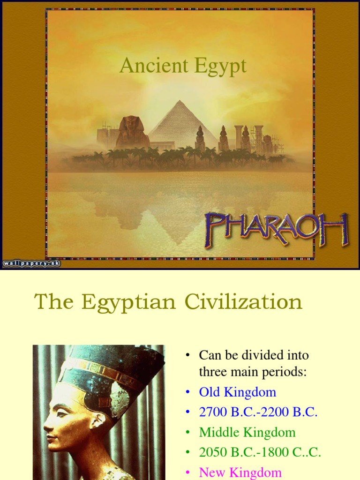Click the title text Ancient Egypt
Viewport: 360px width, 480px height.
tap(183, 66)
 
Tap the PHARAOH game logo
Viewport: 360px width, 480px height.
tap(276, 230)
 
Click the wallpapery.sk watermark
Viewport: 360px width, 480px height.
tap(31, 263)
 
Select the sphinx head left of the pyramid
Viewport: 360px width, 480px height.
tap(132, 125)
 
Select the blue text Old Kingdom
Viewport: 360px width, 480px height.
tap(237, 392)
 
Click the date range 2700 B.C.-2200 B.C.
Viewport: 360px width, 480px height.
tap(258, 412)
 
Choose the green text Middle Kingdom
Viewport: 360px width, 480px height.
tap(247, 432)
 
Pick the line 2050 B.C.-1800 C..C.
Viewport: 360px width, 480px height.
tap(260, 452)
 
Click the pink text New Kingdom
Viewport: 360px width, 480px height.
tap(240, 472)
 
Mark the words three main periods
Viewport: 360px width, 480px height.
tap(253, 372)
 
